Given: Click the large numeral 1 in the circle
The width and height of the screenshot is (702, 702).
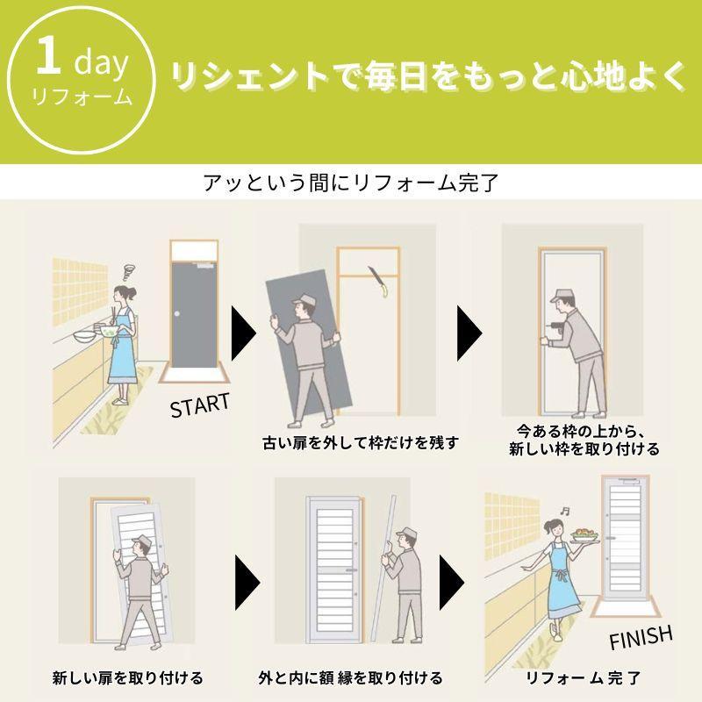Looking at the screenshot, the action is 49,55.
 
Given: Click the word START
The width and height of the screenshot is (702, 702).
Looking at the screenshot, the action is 200,405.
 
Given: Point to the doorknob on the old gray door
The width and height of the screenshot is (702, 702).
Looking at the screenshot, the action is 177,314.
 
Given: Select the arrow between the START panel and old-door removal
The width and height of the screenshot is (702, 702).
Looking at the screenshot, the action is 243,333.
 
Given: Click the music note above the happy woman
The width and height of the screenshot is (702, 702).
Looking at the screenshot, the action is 565,511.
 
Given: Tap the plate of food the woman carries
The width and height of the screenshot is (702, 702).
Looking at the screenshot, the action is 585,536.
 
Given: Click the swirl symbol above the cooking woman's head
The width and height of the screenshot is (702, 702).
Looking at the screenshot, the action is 128,271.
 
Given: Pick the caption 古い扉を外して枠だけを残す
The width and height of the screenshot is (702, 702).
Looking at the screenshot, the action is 361,443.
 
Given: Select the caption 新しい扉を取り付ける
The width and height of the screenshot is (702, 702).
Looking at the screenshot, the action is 127,677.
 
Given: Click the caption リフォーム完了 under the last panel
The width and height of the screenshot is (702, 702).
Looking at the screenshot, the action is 583,677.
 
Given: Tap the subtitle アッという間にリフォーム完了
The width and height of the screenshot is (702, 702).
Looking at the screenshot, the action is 351,183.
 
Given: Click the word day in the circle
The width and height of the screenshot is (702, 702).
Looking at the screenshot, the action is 101,62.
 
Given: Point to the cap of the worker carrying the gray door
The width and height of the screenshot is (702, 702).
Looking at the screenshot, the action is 303,299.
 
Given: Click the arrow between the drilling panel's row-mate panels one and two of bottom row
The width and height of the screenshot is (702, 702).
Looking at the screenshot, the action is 247,583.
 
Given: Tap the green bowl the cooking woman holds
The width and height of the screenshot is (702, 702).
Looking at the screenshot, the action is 109,332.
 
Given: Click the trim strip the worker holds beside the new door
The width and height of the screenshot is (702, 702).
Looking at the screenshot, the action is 383,569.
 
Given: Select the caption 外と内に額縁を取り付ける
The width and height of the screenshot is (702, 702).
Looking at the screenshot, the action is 350,677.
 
